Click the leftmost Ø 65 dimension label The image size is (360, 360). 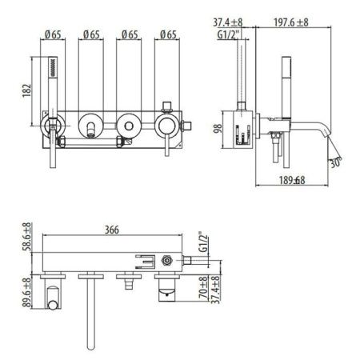click(54, 34)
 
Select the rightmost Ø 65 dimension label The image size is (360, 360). click(167, 34)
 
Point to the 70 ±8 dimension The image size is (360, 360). click(203, 290)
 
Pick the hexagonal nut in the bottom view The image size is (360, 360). click(167, 260)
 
